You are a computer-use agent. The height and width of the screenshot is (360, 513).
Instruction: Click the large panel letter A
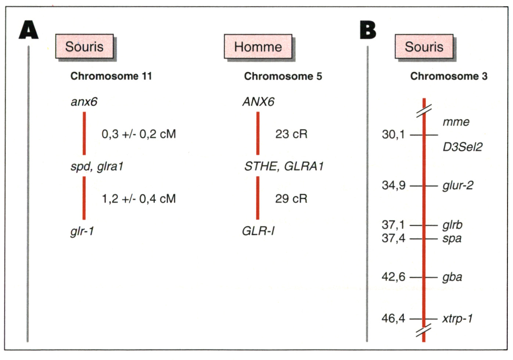coord(29,29)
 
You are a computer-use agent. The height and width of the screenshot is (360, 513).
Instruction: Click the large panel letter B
coord(368,30)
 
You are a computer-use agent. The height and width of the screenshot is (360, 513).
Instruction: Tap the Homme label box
coord(258,47)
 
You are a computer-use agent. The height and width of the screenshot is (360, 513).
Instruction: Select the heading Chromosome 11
coord(111,76)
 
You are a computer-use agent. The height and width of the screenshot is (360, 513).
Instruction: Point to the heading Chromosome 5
coord(283,76)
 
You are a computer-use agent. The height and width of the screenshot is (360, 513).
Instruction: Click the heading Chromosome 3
coord(449,76)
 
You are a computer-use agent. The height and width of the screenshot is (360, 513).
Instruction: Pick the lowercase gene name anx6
coord(84,102)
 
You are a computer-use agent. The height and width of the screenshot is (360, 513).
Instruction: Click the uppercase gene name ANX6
coord(258,102)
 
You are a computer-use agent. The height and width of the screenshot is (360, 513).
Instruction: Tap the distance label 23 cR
coord(291,134)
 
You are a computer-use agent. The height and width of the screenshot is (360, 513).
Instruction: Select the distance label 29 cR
coord(291,198)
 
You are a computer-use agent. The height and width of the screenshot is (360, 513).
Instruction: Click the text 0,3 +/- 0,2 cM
coord(139,134)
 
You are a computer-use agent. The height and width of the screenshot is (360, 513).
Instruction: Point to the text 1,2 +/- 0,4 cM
coord(139,198)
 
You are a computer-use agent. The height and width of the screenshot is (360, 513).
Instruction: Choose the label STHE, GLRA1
coord(284,166)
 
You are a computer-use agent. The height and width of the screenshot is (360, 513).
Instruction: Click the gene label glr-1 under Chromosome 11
coord(82,231)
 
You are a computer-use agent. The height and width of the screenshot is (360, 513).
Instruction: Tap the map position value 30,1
coord(394,134)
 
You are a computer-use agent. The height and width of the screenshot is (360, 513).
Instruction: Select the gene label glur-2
coord(458,185)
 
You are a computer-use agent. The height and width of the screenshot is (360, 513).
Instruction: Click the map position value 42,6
coord(394,277)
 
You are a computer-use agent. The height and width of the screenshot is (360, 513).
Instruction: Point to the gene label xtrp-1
coord(458,318)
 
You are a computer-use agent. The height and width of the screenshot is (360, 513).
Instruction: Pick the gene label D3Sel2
coord(463,147)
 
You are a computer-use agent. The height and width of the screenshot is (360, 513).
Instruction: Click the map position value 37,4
coord(394,238)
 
